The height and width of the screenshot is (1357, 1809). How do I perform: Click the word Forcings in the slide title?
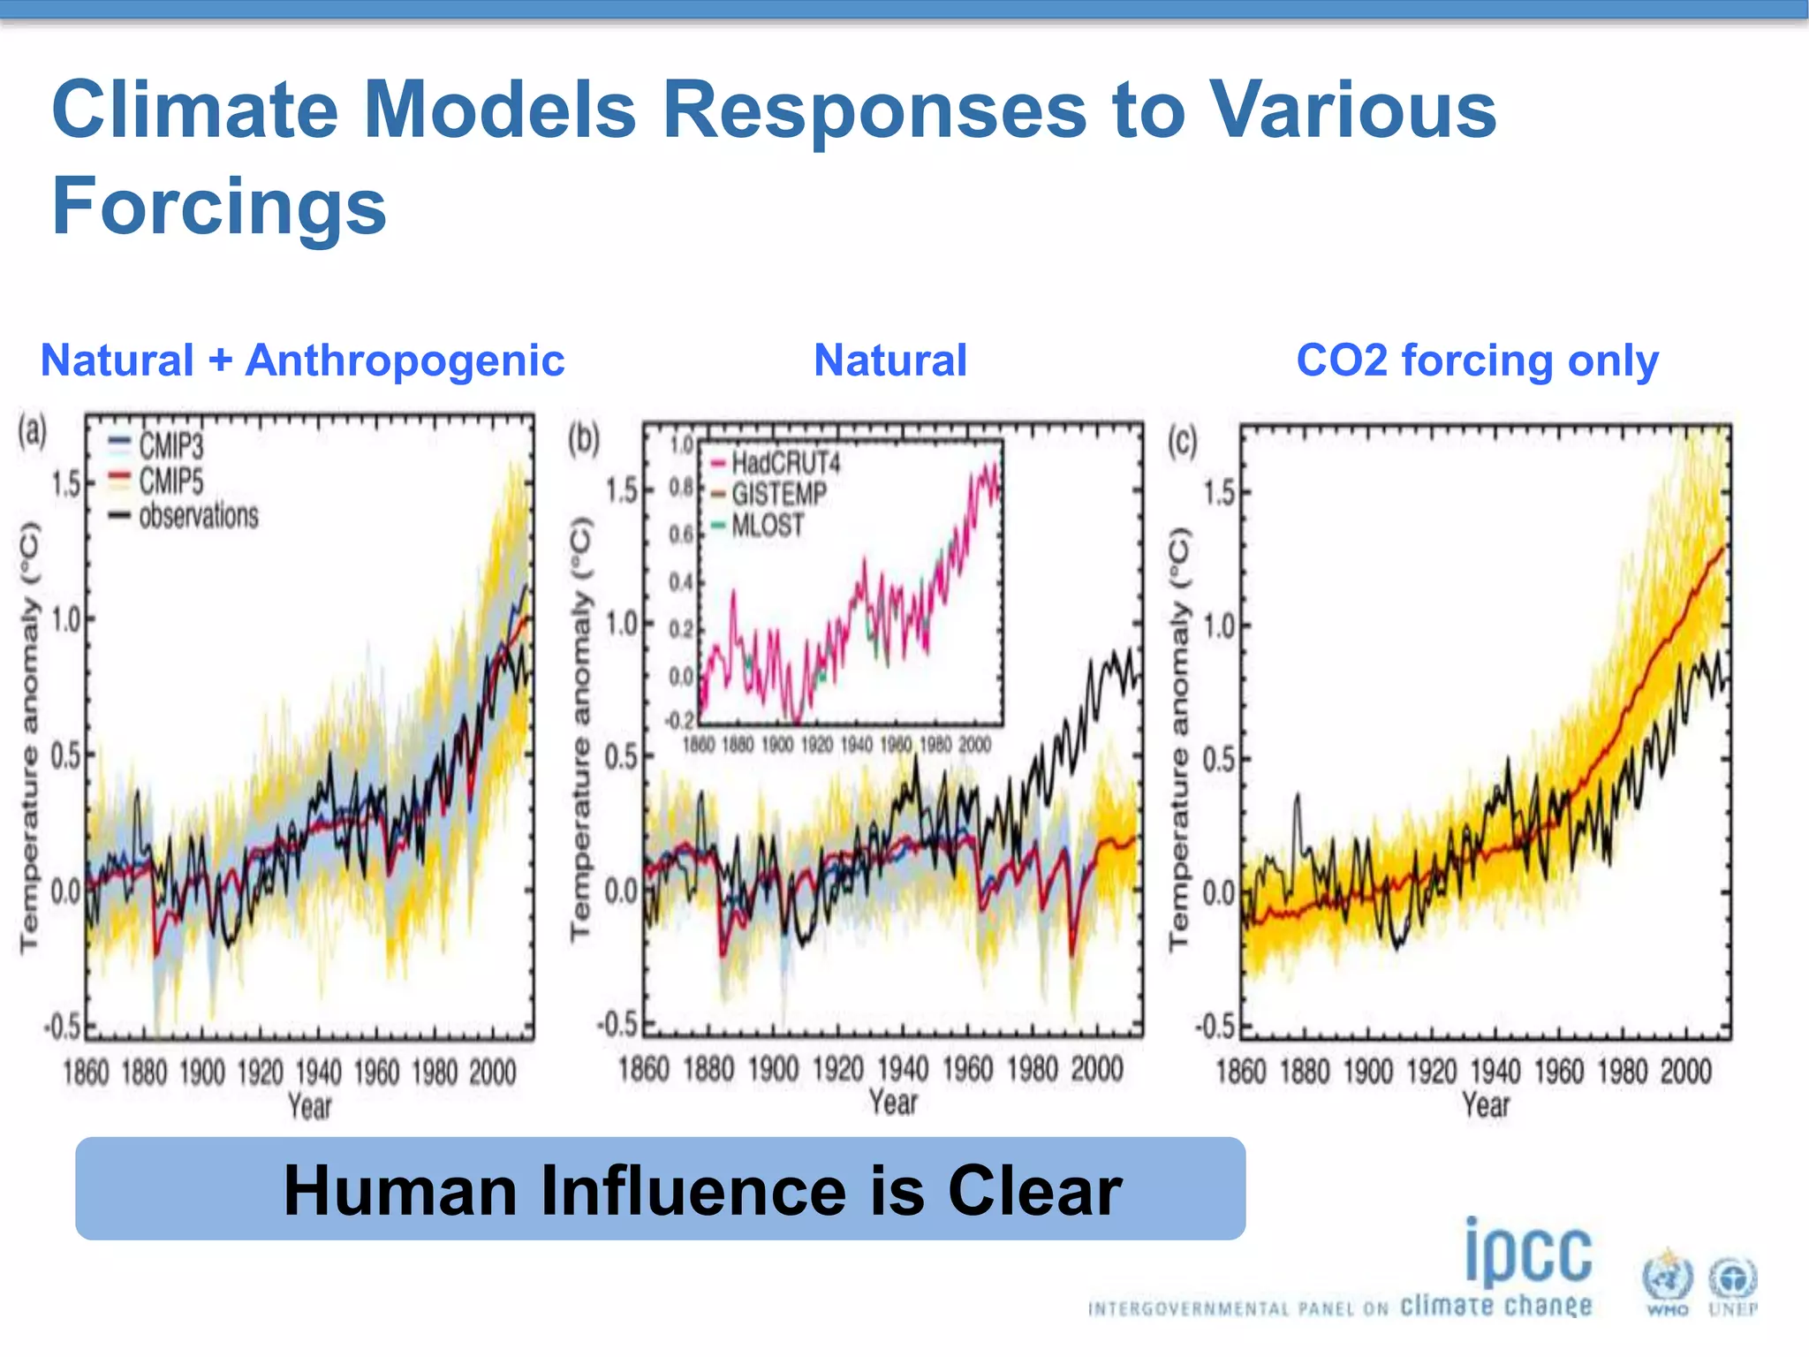[x=219, y=206]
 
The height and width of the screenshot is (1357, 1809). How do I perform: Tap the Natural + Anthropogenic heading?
[x=302, y=360]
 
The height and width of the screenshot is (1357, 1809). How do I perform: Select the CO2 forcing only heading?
[x=1477, y=360]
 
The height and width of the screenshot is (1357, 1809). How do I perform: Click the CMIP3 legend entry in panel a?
[x=170, y=445]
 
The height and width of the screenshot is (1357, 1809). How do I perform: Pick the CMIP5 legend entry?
[x=170, y=481]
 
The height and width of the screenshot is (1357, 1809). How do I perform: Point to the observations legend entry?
[x=198, y=515]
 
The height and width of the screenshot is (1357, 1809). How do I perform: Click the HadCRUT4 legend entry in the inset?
[x=784, y=463]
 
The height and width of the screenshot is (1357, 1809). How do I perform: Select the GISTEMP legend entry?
[x=777, y=494]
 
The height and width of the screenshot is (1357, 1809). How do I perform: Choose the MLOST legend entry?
[x=767, y=526]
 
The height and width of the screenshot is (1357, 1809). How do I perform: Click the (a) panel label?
[x=33, y=432]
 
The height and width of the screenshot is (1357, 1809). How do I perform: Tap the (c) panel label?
[x=1182, y=441]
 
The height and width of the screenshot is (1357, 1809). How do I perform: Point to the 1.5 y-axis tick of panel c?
[x=1219, y=492]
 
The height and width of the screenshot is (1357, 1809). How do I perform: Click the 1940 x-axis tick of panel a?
[x=318, y=1073]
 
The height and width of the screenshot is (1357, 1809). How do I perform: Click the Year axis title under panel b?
[x=893, y=1103]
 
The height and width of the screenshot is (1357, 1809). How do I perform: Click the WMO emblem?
[x=1667, y=1282]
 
